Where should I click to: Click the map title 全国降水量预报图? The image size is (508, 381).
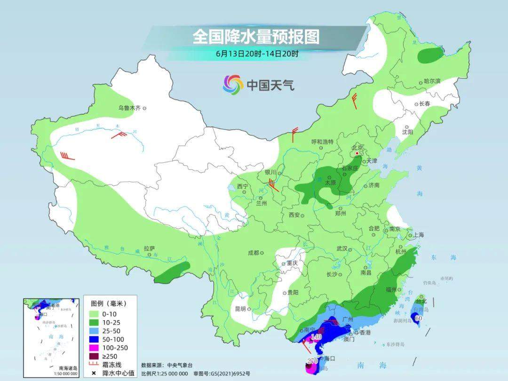coord(255,36)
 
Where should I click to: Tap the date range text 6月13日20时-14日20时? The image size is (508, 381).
coord(257,54)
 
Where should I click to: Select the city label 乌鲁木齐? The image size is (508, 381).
coord(129,108)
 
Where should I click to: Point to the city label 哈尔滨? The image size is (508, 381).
coord(432,81)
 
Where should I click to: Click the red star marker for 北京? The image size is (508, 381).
coord(357,153)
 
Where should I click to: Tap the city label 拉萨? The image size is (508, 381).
coord(149,248)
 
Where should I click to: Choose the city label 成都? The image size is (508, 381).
coord(254,253)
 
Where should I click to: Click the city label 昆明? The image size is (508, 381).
coord(240,309)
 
